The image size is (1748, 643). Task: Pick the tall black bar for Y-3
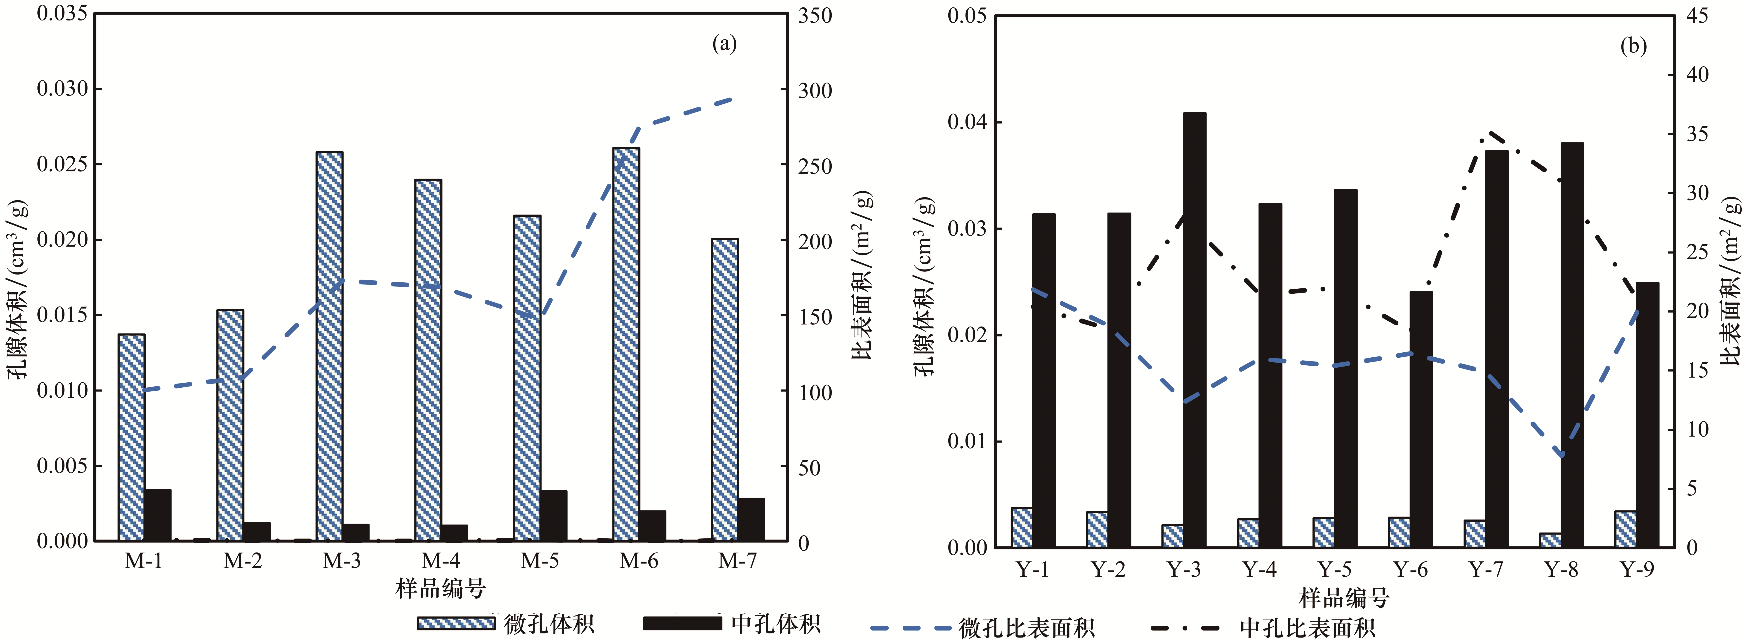pyautogui.click(x=1195, y=330)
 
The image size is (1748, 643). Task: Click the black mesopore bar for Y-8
pyautogui.click(x=1572, y=345)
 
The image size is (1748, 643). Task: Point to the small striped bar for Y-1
pyautogui.click(x=1022, y=527)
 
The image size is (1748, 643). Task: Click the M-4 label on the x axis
pyautogui.click(x=441, y=561)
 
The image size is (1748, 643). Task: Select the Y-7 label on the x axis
pyautogui.click(x=1486, y=569)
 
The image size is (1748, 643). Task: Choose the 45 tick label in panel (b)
pyautogui.click(x=1697, y=16)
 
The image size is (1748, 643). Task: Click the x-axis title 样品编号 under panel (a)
pyautogui.click(x=441, y=588)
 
